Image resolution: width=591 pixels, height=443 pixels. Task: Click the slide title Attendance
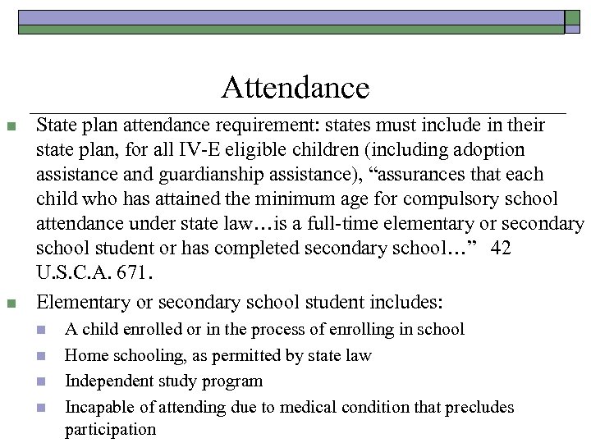click(x=295, y=87)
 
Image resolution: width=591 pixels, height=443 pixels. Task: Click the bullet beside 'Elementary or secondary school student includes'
click(x=11, y=304)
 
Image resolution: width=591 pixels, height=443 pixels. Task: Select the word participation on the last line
click(x=110, y=428)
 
